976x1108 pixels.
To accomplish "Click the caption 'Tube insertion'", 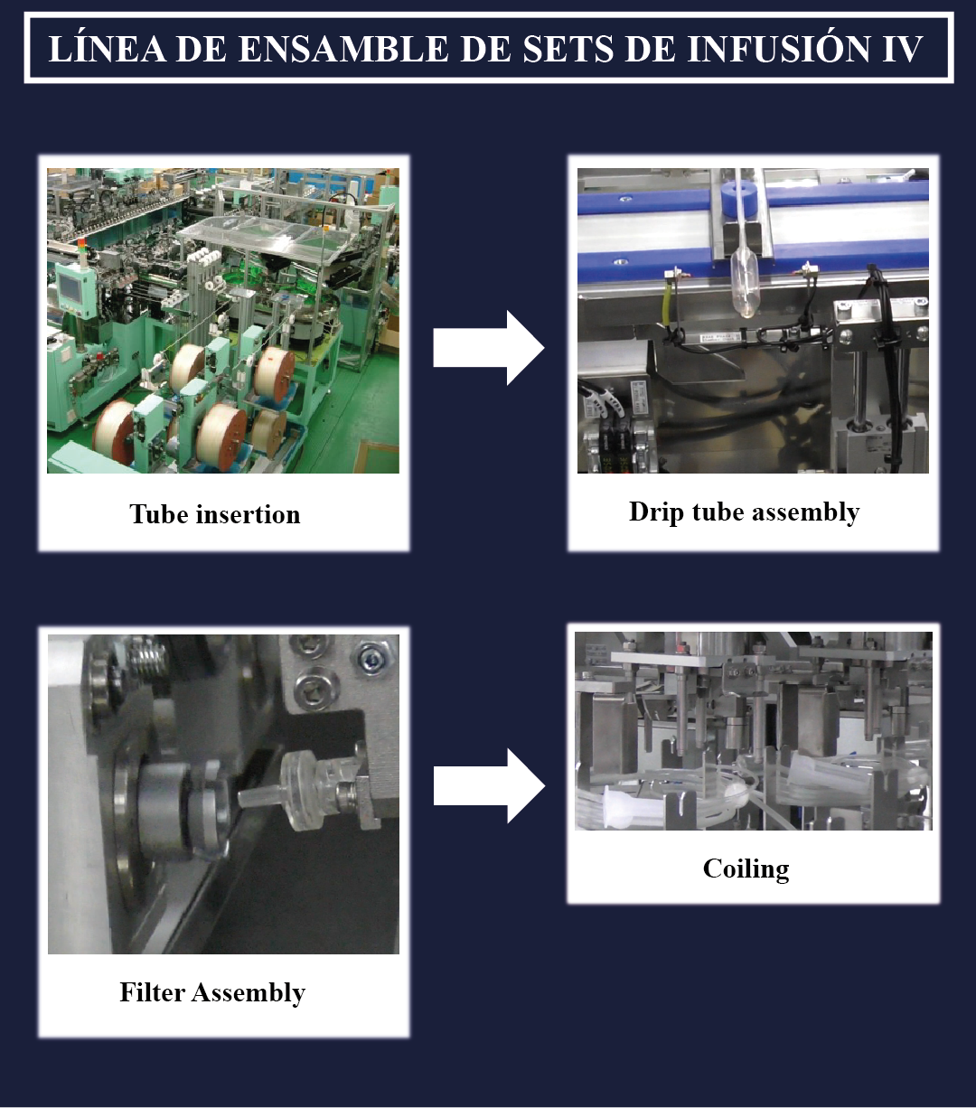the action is pyautogui.click(x=215, y=514).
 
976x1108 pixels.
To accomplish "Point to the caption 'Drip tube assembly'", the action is pyautogui.click(x=744, y=512).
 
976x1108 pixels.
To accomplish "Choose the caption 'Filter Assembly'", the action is pyautogui.click(x=212, y=992).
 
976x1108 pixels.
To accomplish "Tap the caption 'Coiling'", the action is pyautogui.click(x=746, y=869).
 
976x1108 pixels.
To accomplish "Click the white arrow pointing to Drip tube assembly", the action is pyautogui.click(x=489, y=348).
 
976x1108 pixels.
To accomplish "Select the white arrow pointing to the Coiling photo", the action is pyautogui.click(x=489, y=786).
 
